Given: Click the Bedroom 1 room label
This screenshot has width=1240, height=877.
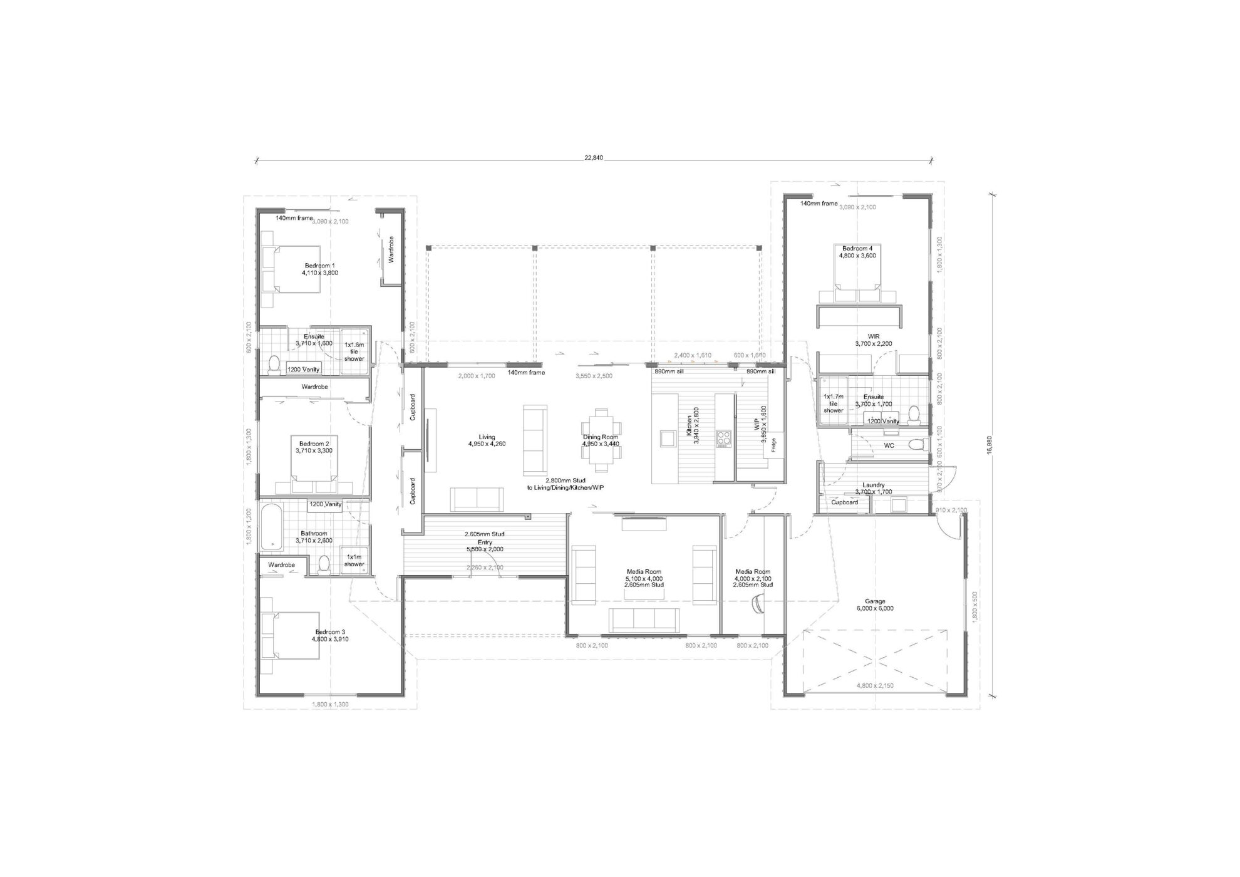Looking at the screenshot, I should pos(319,266).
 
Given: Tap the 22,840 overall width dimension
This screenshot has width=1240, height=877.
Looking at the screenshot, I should pos(593,157).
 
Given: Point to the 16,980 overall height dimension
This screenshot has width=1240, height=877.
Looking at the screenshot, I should pos(989,445).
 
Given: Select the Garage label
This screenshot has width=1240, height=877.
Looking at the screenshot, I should pos(875,601).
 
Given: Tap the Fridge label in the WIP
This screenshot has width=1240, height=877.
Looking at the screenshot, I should pos(774,445).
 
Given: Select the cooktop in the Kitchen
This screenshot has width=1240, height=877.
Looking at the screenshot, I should pos(724,438).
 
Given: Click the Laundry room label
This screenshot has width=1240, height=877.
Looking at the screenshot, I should pos(873,485).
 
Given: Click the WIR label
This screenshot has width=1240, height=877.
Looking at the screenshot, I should pos(873,336).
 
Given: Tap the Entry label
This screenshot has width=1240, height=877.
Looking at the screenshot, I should pos(485,542).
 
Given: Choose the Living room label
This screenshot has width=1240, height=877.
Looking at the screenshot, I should pos(487,437).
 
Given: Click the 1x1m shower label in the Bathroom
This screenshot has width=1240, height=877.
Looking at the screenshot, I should pos(354,561).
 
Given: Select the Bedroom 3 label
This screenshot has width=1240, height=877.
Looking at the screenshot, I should pos(331,632).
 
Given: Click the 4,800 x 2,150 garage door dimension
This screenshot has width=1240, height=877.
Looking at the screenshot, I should pos(875,685).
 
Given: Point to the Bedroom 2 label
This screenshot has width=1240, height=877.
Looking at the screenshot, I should pos(314,444).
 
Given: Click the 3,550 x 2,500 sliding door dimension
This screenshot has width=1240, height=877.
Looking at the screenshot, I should pos(594,376).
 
